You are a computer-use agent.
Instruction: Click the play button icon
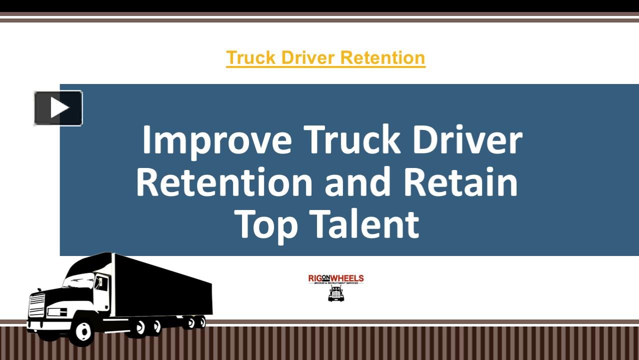[x=58, y=108]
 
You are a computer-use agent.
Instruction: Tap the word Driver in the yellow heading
[x=306, y=57]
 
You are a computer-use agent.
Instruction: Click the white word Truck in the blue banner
[x=352, y=140]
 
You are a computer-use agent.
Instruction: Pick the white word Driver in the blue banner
[x=467, y=140]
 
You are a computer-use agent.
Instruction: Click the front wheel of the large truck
[x=82, y=330]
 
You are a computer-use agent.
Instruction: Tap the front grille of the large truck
[x=37, y=305]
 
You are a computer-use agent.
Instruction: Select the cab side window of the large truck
[x=101, y=283]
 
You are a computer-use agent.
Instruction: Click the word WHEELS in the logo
[x=349, y=278]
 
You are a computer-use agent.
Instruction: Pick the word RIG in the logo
[x=315, y=278]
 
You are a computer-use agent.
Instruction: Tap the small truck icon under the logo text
[x=336, y=293]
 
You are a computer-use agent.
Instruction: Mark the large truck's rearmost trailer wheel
[x=201, y=321]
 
